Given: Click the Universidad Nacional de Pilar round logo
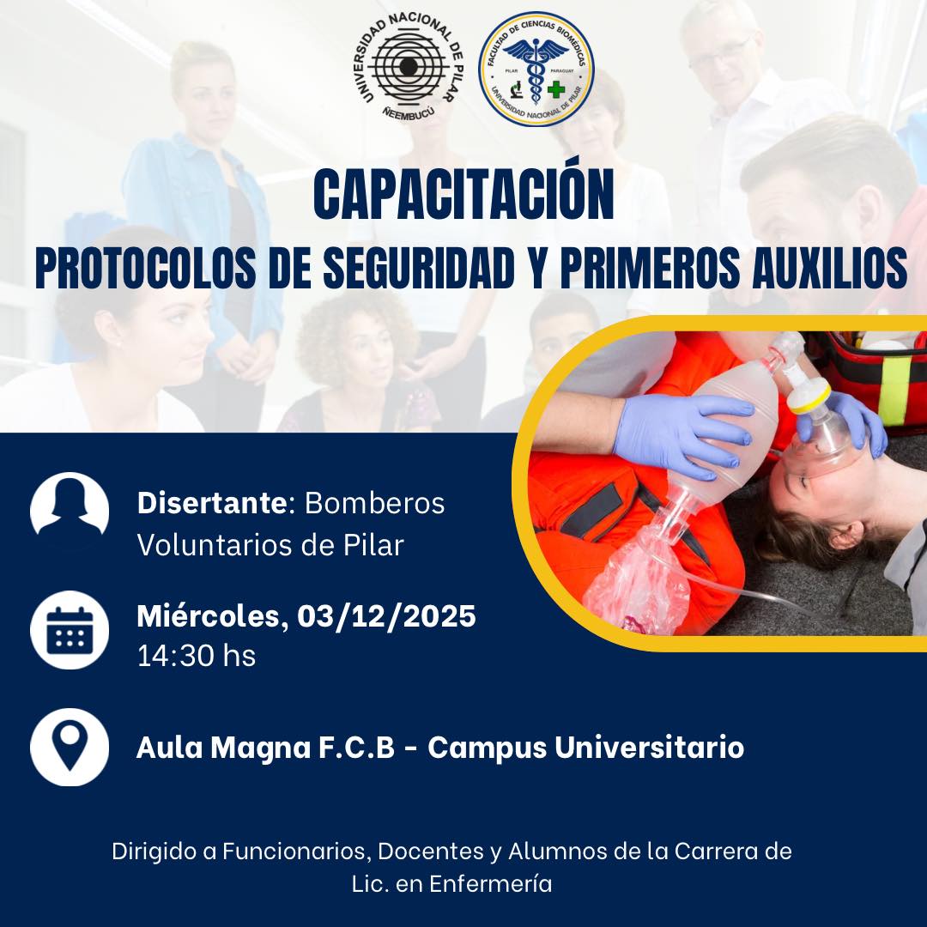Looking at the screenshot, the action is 409,68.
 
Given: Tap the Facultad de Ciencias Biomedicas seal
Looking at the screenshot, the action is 536,70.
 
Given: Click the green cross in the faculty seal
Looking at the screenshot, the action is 555,89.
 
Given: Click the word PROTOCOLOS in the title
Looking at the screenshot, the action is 145,269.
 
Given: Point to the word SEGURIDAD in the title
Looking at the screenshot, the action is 418,269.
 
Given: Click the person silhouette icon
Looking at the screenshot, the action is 70,511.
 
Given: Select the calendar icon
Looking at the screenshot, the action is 70,630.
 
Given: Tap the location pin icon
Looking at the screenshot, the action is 70,748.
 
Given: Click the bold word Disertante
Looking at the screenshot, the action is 212,503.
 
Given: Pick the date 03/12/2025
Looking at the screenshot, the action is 386,616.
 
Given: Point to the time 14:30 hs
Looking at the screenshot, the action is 197,657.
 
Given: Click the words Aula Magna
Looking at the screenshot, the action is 223,748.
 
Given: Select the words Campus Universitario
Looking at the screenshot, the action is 586,748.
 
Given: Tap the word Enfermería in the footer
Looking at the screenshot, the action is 491,884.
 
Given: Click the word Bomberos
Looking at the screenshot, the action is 374,503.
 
